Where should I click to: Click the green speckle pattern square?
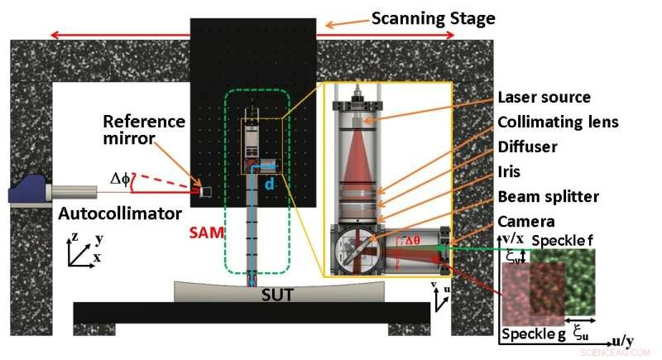579,281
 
